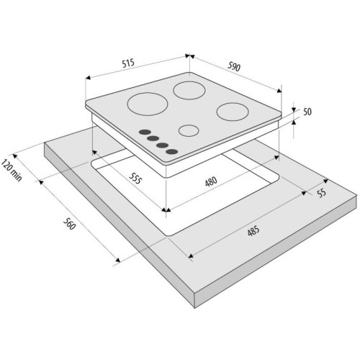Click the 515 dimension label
pyautogui.click(x=128, y=63)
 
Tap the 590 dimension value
pyautogui.click(x=234, y=66)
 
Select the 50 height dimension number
pyautogui.click(x=307, y=112)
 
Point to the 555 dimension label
pyautogui.click(x=135, y=179)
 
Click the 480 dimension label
pyautogui.click(x=211, y=181)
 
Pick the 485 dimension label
pyautogui.click(x=253, y=230)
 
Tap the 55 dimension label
pyautogui.click(x=321, y=192)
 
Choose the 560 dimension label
pyautogui.click(x=69, y=224)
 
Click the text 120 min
pyautogui.click(x=12, y=170)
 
